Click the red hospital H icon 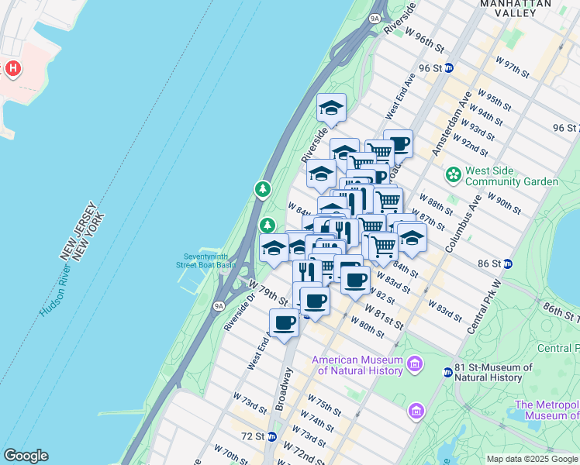click(x=13, y=69)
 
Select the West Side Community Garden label click(x=513, y=176)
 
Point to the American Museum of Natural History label click(x=357, y=365)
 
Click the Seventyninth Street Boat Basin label click(x=205, y=261)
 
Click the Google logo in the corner click(x=26, y=456)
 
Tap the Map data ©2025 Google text click(x=532, y=459)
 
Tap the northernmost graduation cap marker click(x=331, y=107)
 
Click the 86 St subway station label click(x=489, y=263)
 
